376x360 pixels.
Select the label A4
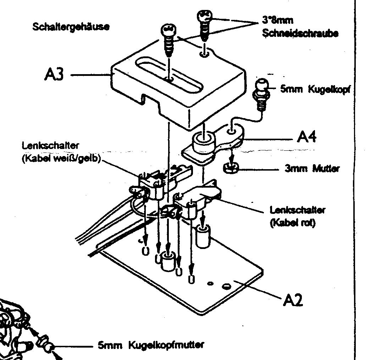(306, 137)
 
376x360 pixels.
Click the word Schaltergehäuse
(71, 27)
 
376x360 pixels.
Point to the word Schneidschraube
(300, 33)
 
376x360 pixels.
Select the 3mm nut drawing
(231, 167)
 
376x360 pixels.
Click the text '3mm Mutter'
(312, 168)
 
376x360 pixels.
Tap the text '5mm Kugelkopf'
(315, 89)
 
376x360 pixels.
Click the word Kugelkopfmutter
(166, 344)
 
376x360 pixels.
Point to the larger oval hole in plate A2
(226, 285)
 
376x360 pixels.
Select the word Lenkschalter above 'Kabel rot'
(297, 210)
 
